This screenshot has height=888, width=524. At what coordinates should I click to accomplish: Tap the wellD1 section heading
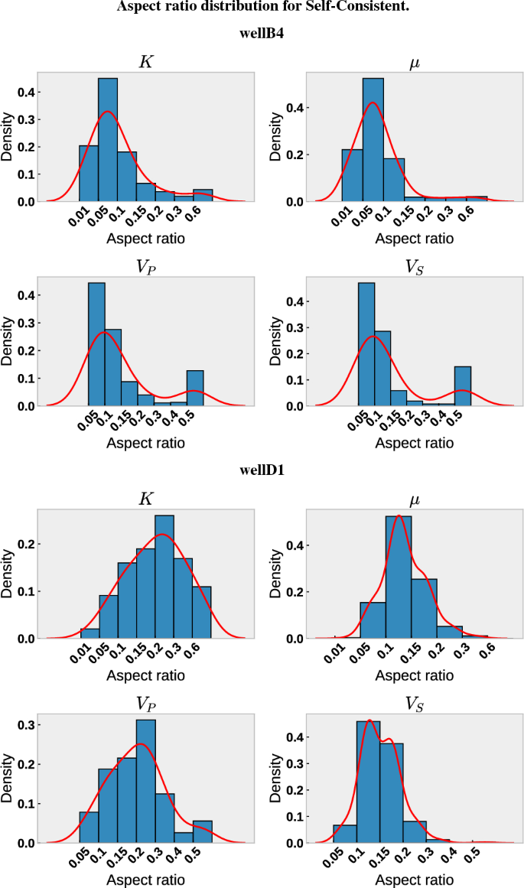pyautogui.click(x=262, y=470)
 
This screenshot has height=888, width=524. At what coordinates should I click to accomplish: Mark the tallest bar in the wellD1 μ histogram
pyautogui.click(x=399, y=577)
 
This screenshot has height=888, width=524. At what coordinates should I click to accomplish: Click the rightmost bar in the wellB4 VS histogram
pyautogui.click(x=463, y=386)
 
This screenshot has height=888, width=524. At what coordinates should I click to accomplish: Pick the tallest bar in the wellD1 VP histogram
pyautogui.click(x=145, y=781)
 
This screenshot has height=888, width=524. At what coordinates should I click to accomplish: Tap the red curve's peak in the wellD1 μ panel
pyautogui.click(x=399, y=516)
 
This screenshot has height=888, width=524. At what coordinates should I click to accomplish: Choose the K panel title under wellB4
pyautogui.click(x=145, y=60)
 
